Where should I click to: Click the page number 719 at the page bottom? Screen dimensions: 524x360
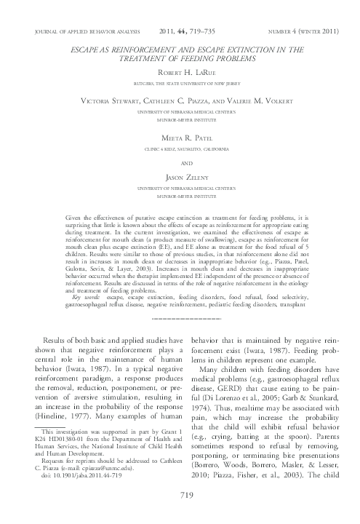pyautogui.click(x=180, y=515)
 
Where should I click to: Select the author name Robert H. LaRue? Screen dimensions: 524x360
pyautogui.click(x=180, y=74)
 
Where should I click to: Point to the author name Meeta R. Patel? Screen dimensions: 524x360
pyautogui.click(x=180, y=137)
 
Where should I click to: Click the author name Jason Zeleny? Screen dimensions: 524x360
pyautogui.click(x=180, y=178)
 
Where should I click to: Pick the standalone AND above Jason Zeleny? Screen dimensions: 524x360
pyautogui.click(x=180, y=164)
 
